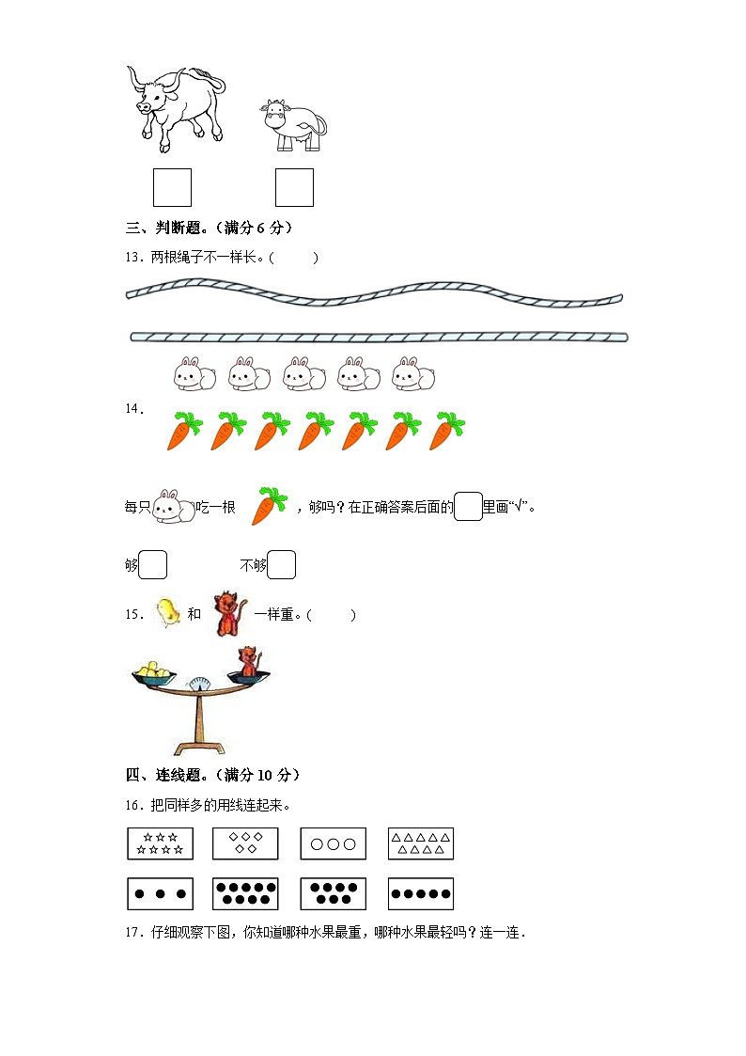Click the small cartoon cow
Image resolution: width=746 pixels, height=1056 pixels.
coord(293,124)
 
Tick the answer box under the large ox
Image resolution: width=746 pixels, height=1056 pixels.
coord(172,187)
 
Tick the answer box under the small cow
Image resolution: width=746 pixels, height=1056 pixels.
coord(295,187)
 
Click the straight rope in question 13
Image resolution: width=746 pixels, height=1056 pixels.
coord(379,337)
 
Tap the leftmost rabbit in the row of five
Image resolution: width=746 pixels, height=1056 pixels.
coord(194,373)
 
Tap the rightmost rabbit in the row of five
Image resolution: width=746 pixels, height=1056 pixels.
coord(413,373)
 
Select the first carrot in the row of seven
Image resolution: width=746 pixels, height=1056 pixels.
coord(184,431)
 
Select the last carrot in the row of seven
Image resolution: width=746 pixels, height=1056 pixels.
coord(446,431)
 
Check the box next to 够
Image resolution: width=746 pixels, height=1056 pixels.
coord(153,564)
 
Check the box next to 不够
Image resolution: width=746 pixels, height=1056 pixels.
coord(281,564)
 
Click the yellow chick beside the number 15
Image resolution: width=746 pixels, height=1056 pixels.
coord(167,613)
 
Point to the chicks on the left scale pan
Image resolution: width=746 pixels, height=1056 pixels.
coord(155,670)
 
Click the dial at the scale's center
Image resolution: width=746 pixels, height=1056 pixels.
coord(198,684)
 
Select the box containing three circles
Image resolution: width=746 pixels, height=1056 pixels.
coord(333,843)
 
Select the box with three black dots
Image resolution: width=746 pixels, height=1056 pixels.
coord(160,893)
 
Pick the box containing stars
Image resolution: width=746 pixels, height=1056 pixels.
coord(160,843)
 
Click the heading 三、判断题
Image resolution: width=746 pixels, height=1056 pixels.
coord(163,228)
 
